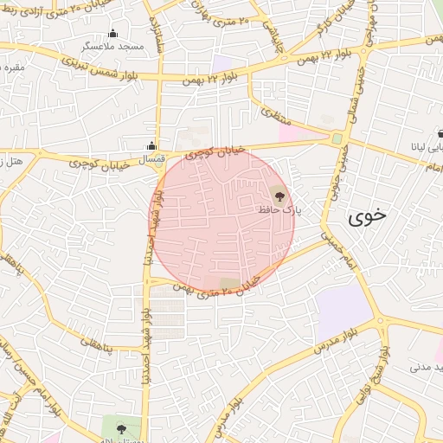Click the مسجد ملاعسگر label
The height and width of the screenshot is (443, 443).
[112, 46]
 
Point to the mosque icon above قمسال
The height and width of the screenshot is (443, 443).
[152, 145]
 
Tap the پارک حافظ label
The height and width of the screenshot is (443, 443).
[278, 209]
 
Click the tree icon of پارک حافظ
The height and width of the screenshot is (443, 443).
[278, 196]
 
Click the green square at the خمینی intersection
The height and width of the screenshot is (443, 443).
[337, 138]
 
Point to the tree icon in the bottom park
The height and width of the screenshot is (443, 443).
[120, 427]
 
